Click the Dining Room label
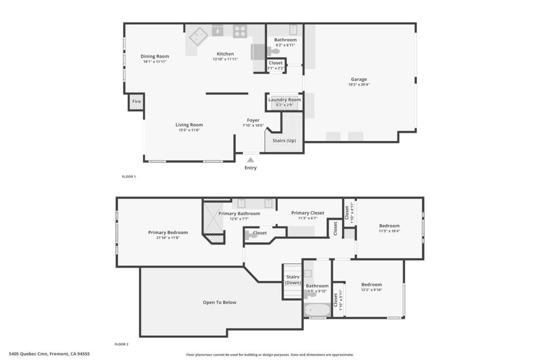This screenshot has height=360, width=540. click(x=155, y=56)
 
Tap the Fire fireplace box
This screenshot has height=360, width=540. click(x=137, y=102)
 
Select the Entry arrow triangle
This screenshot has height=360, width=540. click(x=250, y=160)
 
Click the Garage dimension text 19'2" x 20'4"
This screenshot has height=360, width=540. click(x=359, y=85)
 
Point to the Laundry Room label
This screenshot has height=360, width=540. click(x=285, y=100)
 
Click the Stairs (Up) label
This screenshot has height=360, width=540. click(x=284, y=141)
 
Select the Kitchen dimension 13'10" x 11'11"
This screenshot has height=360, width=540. click(x=225, y=59)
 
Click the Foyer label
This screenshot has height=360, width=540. click(x=253, y=120)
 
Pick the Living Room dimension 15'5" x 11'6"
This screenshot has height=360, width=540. click(x=189, y=130)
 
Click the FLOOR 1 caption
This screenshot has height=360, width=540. click(x=129, y=177)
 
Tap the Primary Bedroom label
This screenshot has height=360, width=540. click(x=168, y=232)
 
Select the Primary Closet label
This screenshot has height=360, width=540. click(x=307, y=213)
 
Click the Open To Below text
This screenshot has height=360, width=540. click(x=219, y=303)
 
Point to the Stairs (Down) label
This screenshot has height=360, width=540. click(x=293, y=280)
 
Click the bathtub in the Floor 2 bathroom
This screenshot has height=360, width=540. click(x=317, y=309)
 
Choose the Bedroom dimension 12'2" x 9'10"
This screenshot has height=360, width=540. click(x=371, y=290)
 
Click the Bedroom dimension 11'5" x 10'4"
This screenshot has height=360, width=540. click(x=389, y=231)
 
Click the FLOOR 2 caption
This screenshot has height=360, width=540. click(x=122, y=344)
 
